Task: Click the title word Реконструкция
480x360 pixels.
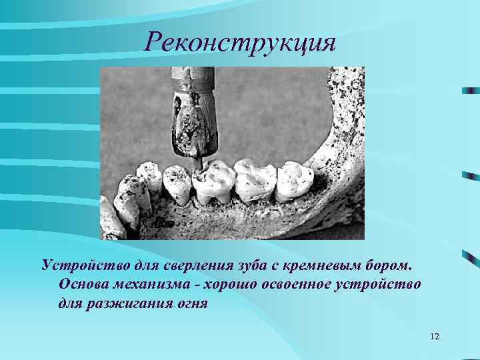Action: (240, 43)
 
